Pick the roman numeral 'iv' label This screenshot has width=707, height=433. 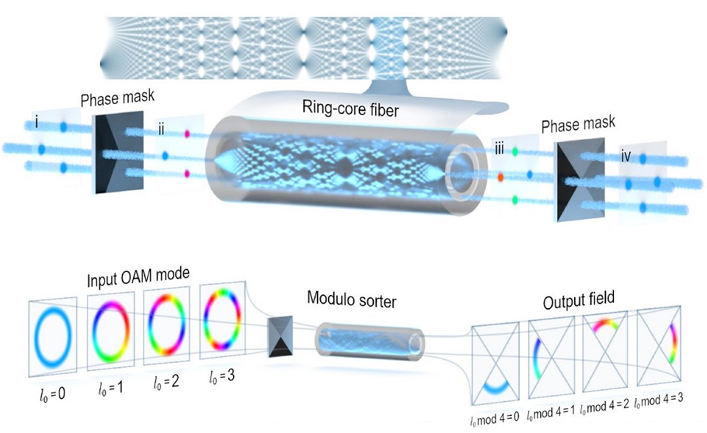(626, 157)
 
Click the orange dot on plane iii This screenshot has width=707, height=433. (500, 177)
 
